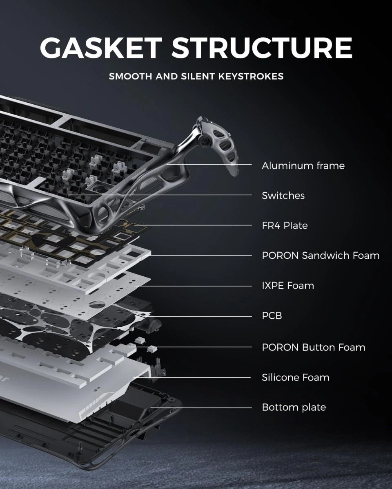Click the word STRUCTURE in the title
click(261, 48)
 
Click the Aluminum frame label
click(303, 165)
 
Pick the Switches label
click(283, 196)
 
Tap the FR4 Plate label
click(285, 225)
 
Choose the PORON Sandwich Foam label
click(321, 256)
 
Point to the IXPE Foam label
click(288, 286)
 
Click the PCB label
click(272, 316)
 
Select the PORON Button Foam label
click(313, 347)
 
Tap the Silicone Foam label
click(295, 377)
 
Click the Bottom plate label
click(294, 407)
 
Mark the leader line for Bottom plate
click(204, 407)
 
